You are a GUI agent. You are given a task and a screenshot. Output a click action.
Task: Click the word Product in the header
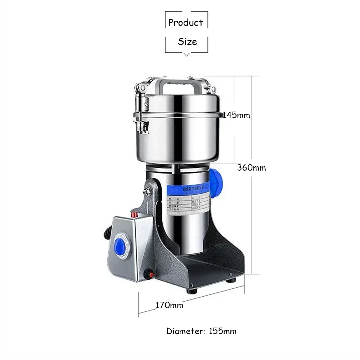pyautogui.click(x=186, y=23)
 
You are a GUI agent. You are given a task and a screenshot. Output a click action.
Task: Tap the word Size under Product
pyautogui.click(x=187, y=42)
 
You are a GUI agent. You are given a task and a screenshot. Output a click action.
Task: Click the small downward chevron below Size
pyautogui.click(x=186, y=54)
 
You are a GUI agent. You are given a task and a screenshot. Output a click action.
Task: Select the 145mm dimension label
pyautogui.click(x=236, y=115)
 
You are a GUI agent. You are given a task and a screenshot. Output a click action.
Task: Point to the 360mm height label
pyautogui.click(x=252, y=167)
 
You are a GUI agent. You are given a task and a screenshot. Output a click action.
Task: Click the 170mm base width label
pyautogui.click(x=169, y=305)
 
